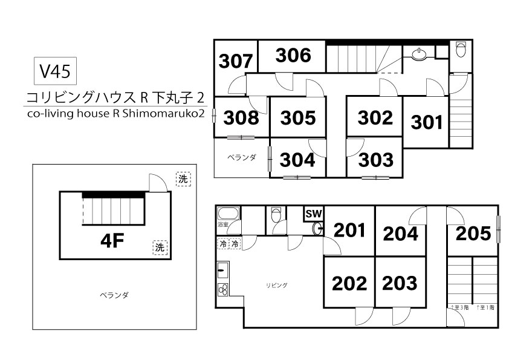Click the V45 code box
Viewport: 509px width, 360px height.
click(x=55, y=71)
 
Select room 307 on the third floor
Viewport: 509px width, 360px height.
click(x=236, y=61)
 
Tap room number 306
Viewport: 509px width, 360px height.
click(x=293, y=55)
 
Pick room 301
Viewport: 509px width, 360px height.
click(x=427, y=122)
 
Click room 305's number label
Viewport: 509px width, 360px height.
click(x=298, y=117)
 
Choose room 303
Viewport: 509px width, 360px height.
click(x=375, y=160)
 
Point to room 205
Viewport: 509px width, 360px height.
click(x=473, y=234)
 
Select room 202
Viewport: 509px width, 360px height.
click(x=349, y=283)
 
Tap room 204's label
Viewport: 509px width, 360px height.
click(x=400, y=234)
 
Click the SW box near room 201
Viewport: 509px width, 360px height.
click(x=314, y=214)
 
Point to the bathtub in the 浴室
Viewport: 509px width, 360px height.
click(x=229, y=214)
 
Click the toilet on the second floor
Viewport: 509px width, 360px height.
click(x=276, y=215)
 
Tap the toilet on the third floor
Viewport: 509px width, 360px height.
click(x=461, y=49)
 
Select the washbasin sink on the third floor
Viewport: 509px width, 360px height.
click(x=420, y=54)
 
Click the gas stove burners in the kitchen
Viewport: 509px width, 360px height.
click(x=223, y=290)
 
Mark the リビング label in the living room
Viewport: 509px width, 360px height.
click(x=277, y=285)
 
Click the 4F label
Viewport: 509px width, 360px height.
click(x=111, y=241)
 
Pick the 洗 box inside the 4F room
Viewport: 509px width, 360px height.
click(x=160, y=247)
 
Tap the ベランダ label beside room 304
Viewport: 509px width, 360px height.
click(x=241, y=157)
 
